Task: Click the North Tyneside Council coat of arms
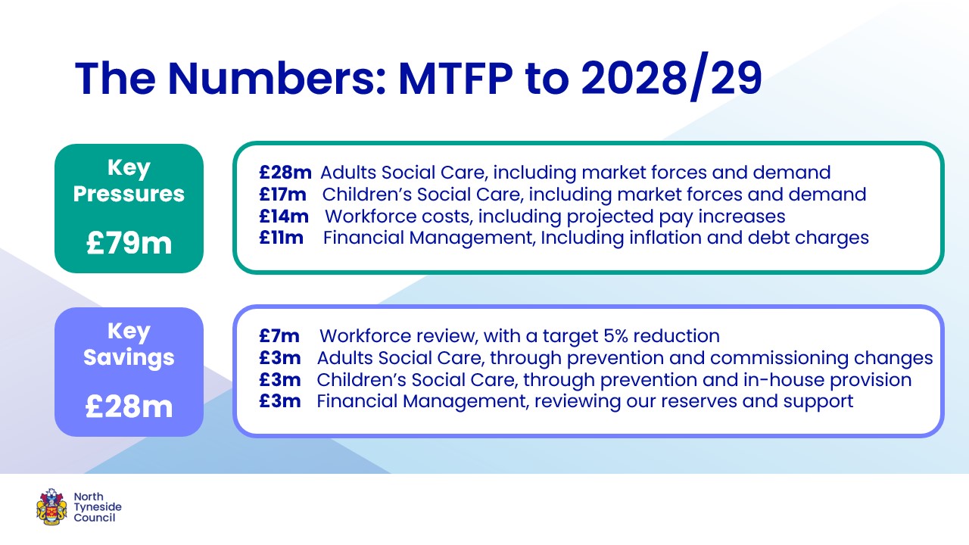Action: [x=51, y=506]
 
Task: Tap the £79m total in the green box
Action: [x=129, y=243]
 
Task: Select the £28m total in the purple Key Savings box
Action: [x=129, y=406]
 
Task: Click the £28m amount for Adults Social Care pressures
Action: [x=285, y=173]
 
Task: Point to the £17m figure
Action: [x=282, y=195]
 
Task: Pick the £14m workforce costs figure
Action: [x=284, y=216]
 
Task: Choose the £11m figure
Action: [x=281, y=238]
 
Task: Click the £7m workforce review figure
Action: [x=279, y=336]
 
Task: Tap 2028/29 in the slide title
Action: [x=671, y=78]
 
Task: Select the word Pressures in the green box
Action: [x=129, y=195]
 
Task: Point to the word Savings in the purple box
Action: [x=129, y=358]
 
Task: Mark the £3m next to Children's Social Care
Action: [x=280, y=380]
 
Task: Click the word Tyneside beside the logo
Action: [x=98, y=507]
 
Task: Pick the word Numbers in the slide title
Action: [x=276, y=79]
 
